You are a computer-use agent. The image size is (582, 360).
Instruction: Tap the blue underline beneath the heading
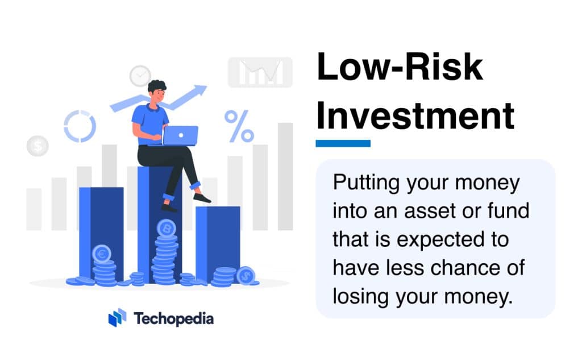[343, 143]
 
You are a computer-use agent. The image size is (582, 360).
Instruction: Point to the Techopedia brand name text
[174, 318]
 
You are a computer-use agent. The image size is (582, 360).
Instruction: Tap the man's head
[157, 91]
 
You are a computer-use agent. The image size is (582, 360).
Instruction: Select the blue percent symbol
[239, 126]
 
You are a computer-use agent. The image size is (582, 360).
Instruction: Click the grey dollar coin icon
[38, 147]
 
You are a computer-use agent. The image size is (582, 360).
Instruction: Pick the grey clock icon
[140, 76]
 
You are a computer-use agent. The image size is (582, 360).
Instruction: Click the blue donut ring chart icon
[80, 126]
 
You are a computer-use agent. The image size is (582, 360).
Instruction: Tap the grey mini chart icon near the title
[260, 72]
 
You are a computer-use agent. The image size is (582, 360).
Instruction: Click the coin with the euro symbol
[102, 254]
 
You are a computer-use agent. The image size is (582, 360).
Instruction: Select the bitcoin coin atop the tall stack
[166, 228]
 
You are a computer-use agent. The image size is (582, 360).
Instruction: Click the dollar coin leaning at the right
[246, 276]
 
